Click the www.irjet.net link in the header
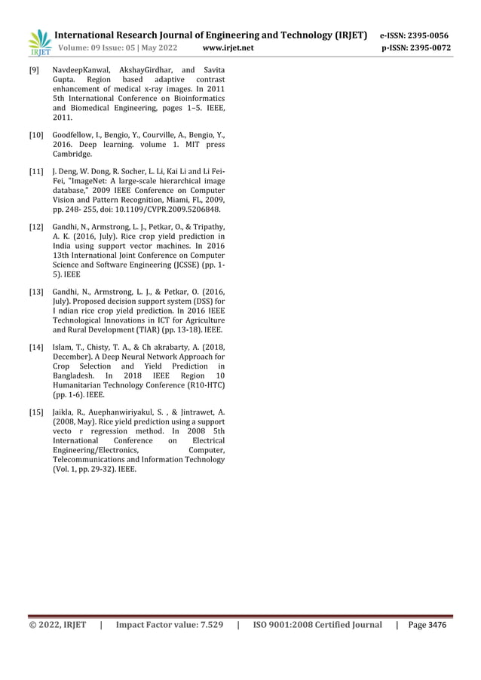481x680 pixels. (x=228, y=49)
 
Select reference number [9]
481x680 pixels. (x=35, y=70)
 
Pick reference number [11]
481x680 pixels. (x=35, y=173)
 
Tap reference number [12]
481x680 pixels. (x=35, y=227)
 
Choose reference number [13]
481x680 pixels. (x=35, y=292)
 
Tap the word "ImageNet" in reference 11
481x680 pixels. (x=90, y=183)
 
